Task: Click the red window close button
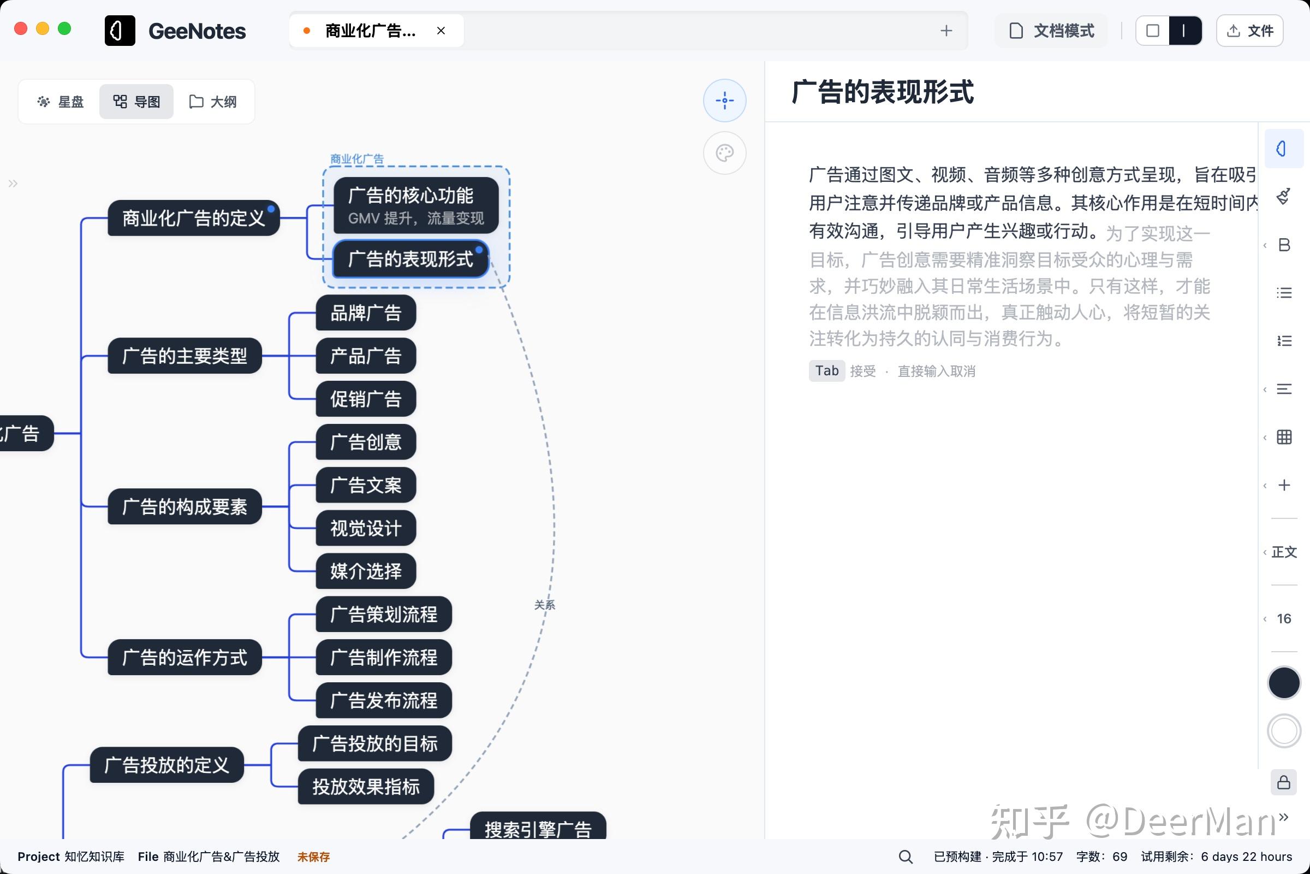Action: pyautogui.click(x=21, y=29)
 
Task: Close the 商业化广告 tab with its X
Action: pyautogui.click(x=441, y=31)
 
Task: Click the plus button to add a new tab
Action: pyautogui.click(x=946, y=31)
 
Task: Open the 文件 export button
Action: pyautogui.click(x=1250, y=31)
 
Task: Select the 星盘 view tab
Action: pyautogui.click(x=60, y=102)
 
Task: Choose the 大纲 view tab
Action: pyautogui.click(x=213, y=102)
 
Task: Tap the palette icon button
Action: pyautogui.click(x=725, y=153)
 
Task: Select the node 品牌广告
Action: pyautogui.click(x=365, y=312)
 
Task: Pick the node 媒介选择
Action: pyautogui.click(x=365, y=571)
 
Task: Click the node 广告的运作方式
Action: pyautogui.click(x=184, y=657)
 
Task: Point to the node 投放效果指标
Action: pyautogui.click(x=365, y=787)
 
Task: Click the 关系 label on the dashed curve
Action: pyautogui.click(x=544, y=605)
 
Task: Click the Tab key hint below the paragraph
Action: pyautogui.click(x=826, y=371)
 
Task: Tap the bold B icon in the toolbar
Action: pyautogui.click(x=1284, y=245)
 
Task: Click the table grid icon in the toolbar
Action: pyautogui.click(x=1284, y=437)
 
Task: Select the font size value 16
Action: pyautogui.click(x=1284, y=618)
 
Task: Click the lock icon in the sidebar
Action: pyautogui.click(x=1284, y=783)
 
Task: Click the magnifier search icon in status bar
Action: pyautogui.click(x=906, y=857)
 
